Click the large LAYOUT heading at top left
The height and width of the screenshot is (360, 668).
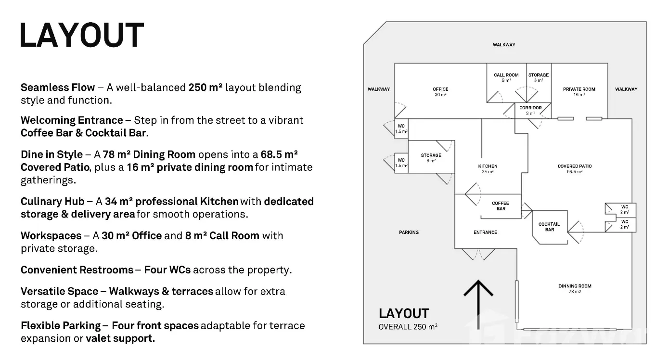click(x=82, y=35)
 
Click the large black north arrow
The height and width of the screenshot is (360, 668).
click(x=478, y=303)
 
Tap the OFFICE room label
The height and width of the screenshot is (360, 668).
click(x=440, y=90)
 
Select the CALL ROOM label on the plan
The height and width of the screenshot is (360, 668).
click(x=506, y=75)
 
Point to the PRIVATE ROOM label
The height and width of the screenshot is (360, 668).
click(x=579, y=90)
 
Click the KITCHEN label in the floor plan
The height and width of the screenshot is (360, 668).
click(x=488, y=167)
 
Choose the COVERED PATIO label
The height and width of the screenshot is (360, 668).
click(x=575, y=167)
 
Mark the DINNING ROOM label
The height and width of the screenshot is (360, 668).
click(x=575, y=286)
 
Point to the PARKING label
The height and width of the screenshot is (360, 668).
click(x=409, y=232)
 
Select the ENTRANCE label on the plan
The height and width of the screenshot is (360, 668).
click(x=485, y=232)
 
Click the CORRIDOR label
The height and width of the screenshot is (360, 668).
click(x=530, y=108)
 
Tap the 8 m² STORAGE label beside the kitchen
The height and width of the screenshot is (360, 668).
click(x=431, y=155)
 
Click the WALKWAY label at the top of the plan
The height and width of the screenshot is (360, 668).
click(x=504, y=45)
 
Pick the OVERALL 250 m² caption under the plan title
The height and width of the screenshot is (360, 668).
click(x=408, y=327)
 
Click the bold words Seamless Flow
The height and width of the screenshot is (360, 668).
click(x=58, y=88)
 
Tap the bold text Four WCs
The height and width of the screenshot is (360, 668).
click(x=167, y=270)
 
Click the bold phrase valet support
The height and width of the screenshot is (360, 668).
click(x=120, y=338)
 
